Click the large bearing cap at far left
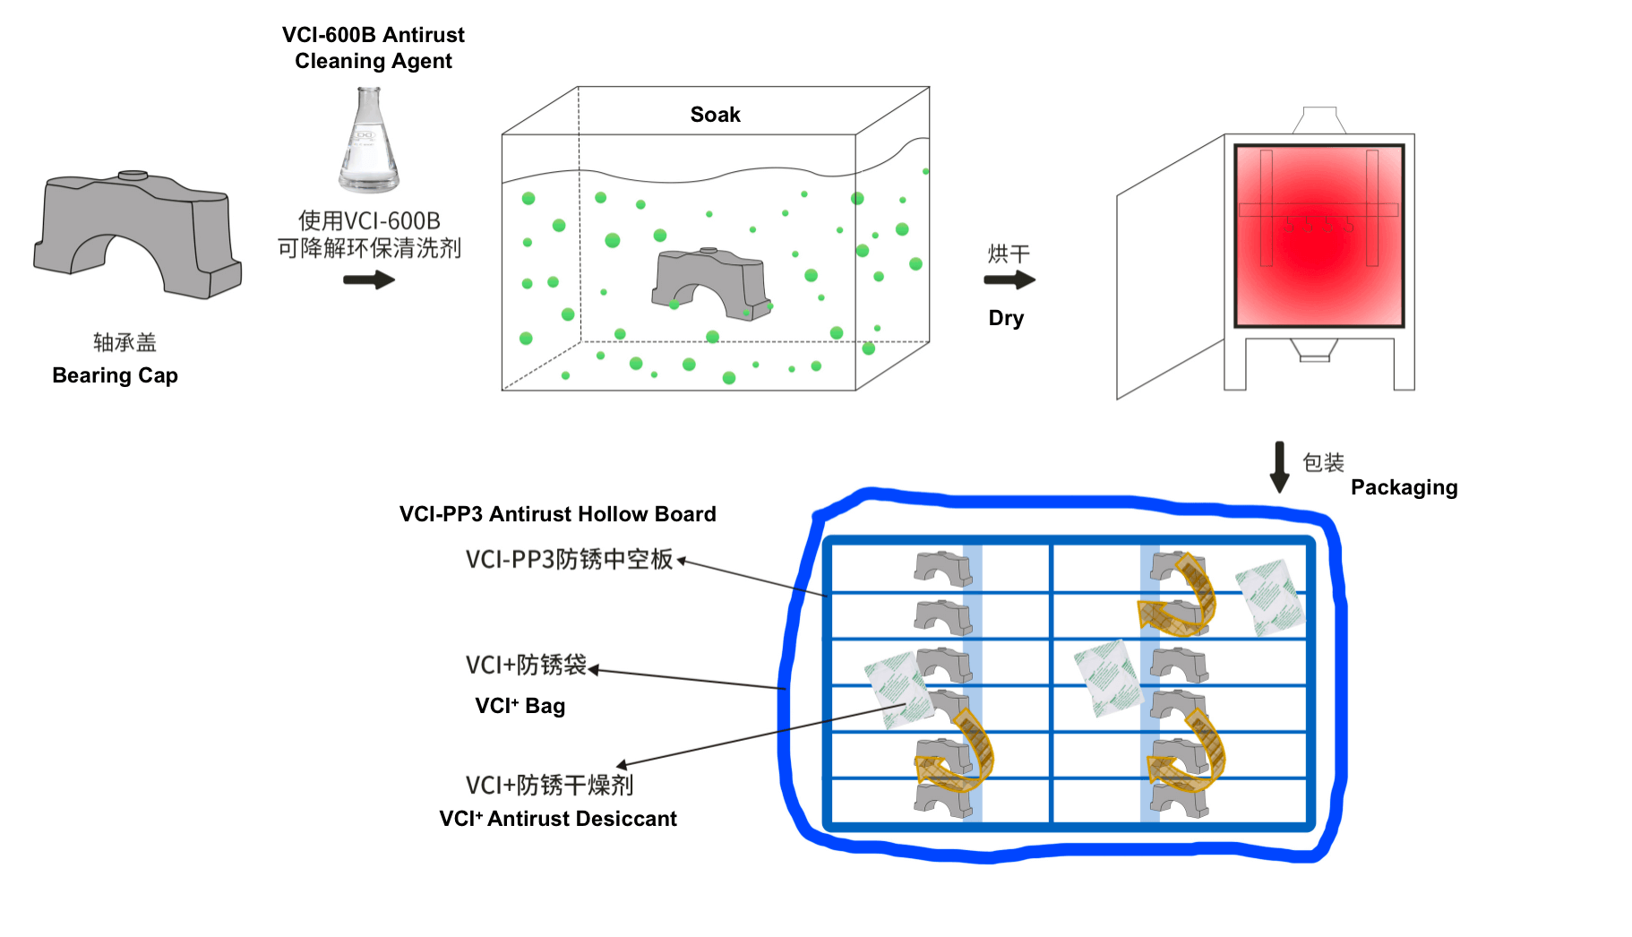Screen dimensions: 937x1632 (136, 234)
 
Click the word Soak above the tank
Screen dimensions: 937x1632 (715, 115)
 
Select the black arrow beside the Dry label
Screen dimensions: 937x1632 (1009, 280)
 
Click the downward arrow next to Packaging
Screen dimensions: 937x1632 (1280, 467)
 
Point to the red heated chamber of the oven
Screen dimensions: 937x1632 (1318, 236)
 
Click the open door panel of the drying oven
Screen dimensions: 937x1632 (1169, 269)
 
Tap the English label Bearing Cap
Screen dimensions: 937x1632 (116, 375)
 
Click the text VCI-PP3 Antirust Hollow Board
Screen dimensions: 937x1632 (557, 514)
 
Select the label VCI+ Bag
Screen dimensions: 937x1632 (520, 706)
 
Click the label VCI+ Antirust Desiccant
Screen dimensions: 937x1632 (557, 819)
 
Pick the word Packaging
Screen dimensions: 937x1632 (1404, 487)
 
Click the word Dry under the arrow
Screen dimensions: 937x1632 (1006, 318)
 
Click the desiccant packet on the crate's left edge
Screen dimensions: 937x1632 (899, 690)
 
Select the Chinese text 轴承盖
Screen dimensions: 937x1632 (125, 342)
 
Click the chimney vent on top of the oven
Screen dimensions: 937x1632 (1318, 120)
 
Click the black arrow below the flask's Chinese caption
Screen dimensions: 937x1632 (369, 280)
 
